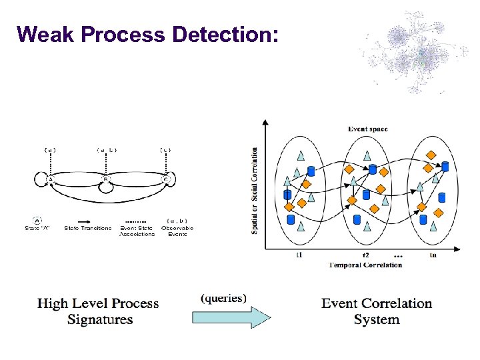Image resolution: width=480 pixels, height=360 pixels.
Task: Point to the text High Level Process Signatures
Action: click(99, 311)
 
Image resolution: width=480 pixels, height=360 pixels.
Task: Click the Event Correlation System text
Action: click(377, 311)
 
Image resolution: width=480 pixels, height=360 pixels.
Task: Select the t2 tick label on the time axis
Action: click(365, 255)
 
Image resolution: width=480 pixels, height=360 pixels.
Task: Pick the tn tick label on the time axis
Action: click(433, 255)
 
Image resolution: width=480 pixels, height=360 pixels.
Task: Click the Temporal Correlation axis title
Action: click(366, 265)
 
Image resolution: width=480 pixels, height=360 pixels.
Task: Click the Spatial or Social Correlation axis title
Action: click(255, 190)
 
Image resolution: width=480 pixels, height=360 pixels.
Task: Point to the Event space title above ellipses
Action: click(367, 129)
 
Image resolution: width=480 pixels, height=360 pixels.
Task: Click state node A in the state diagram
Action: click(50, 179)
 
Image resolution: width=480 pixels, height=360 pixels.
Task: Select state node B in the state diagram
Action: click(106, 179)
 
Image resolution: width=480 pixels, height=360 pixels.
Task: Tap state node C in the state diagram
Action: click(165, 179)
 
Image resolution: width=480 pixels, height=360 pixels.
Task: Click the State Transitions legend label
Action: click(88, 228)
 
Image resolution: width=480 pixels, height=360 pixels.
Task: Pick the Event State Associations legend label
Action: click(137, 231)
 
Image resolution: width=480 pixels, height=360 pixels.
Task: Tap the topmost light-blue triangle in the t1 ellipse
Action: click(301, 156)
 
